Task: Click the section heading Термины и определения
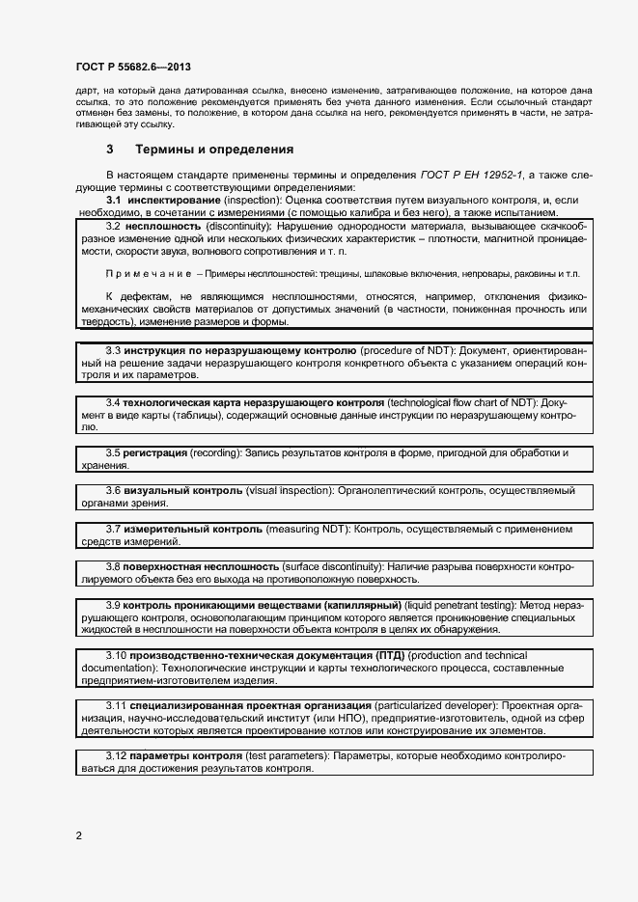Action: click(x=213, y=150)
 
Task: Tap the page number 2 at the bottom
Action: click(x=79, y=835)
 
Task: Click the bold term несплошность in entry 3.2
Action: click(x=162, y=226)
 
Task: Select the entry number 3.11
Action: click(x=115, y=706)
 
